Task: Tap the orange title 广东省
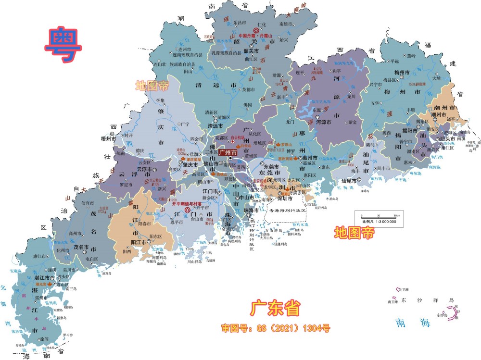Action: click(274, 308)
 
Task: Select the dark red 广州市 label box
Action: click(231, 152)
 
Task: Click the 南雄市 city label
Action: click(286, 24)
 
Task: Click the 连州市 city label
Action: click(185, 50)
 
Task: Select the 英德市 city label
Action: click(250, 89)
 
